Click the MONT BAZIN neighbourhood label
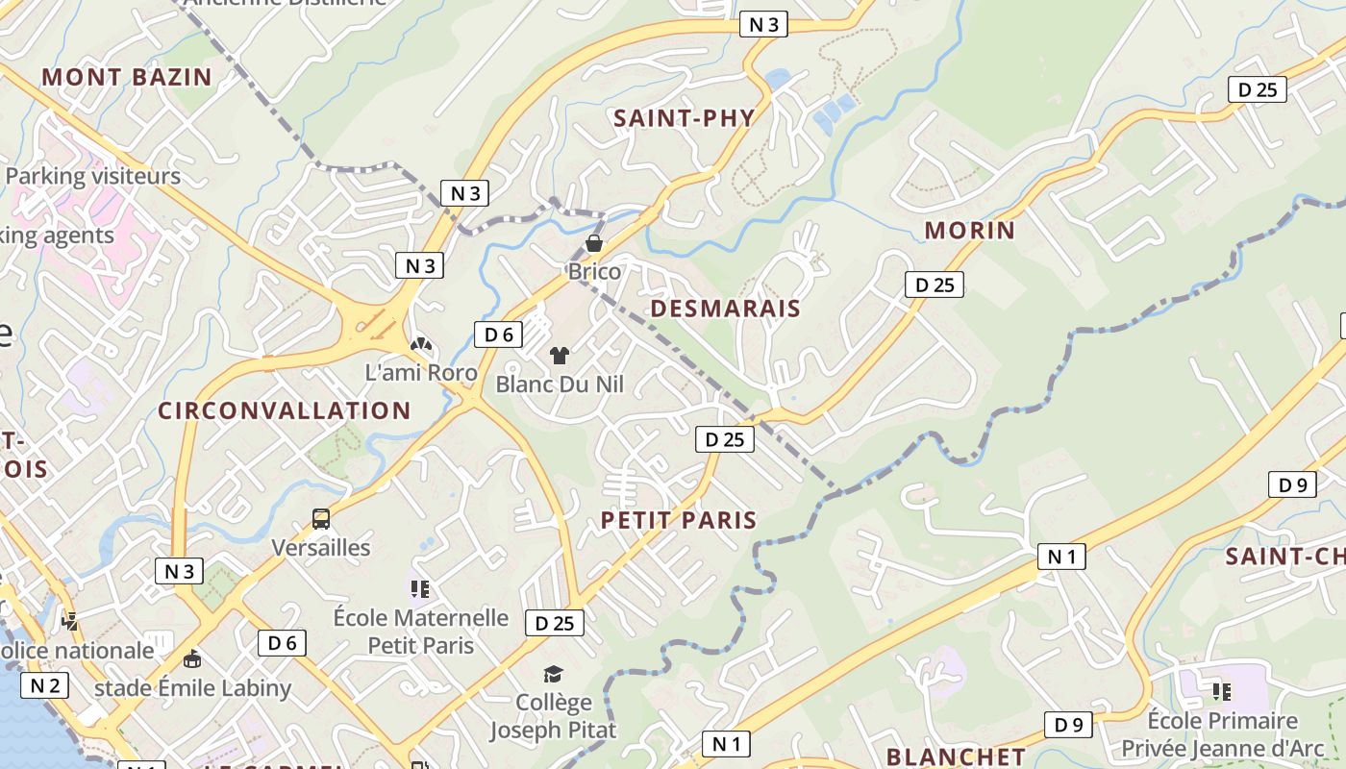[x=127, y=77]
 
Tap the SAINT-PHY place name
[x=685, y=118]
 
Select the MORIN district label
[x=970, y=231]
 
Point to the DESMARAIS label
[x=726, y=309]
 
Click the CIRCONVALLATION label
[x=285, y=411]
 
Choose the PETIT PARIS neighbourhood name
[x=679, y=520]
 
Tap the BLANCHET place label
[x=956, y=757]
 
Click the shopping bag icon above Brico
[x=594, y=243]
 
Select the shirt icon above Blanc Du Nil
[x=560, y=356]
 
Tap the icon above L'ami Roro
[x=421, y=344]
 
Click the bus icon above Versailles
[x=321, y=519]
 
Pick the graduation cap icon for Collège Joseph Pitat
[x=553, y=674]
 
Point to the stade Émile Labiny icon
[x=192, y=659]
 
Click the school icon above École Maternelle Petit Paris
[x=420, y=588]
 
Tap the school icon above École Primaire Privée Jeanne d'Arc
[x=1222, y=691]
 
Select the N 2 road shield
[x=45, y=685]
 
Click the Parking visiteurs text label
[x=93, y=177]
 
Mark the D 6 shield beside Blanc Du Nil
[x=498, y=335]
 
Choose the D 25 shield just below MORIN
[x=935, y=285]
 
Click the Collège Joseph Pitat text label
[x=553, y=716]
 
